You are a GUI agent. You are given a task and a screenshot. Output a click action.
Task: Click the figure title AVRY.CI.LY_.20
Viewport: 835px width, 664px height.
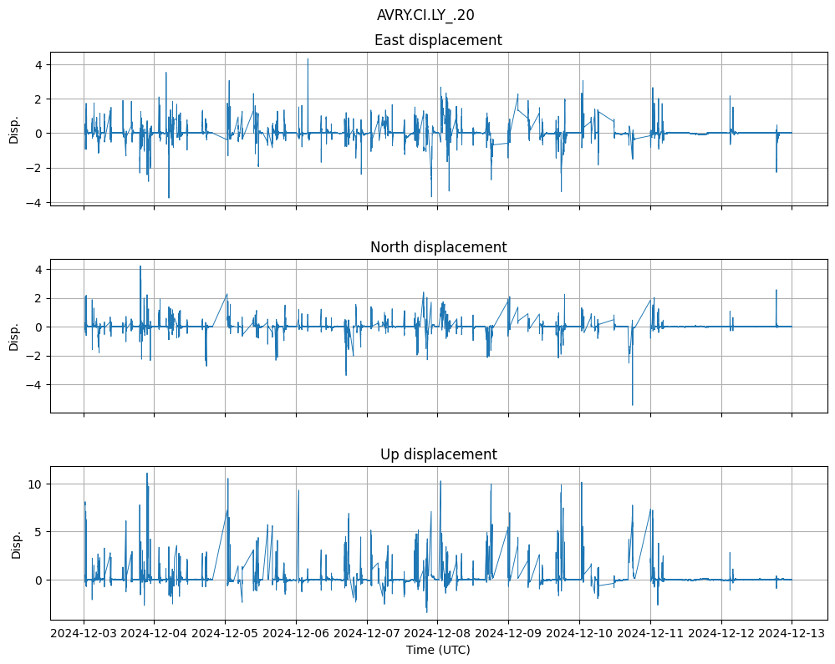click(x=425, y=15)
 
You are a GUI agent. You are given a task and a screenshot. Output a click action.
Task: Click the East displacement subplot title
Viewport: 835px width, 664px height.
click(x=438, y=40)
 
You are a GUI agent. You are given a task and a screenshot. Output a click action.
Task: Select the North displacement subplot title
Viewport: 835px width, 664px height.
click(x=438, y=247)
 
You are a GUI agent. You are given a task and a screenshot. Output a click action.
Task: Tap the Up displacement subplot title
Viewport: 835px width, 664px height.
click(x=438, y=454)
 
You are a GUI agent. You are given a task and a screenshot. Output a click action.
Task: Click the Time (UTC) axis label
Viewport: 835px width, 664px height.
click(x=438, y=650)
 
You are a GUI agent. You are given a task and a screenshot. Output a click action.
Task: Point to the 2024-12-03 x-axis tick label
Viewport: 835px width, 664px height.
click(x=84, y=633)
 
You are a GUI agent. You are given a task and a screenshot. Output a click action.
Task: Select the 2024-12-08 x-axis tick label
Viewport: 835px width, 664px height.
click(x=438, y=633)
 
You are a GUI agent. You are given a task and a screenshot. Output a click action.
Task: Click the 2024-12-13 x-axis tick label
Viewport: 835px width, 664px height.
click(x=792, y=633)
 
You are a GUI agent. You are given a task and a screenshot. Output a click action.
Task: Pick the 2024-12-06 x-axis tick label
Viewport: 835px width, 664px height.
click(x=296, y=633)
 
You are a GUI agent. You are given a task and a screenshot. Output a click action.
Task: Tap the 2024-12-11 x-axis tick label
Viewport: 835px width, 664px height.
click(x=650, y=633)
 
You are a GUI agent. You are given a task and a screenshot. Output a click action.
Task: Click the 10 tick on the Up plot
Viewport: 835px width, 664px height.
click(x=36, y=484)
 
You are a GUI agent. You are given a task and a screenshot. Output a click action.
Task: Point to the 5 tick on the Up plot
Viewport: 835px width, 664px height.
click(x=39, y=532)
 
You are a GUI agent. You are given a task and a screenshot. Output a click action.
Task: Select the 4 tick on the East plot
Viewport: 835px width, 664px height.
click(x=39, y=64)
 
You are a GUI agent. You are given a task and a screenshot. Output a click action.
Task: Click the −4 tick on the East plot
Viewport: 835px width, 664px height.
click(x=36, y=202)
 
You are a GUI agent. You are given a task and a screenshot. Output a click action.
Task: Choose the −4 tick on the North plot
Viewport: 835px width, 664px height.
click(x=36, y=385)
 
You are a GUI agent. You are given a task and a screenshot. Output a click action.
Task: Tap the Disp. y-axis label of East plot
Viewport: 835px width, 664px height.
click(x=14, y=129)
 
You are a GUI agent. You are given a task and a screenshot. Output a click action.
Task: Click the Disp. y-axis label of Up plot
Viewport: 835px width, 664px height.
click(x=17, y=544)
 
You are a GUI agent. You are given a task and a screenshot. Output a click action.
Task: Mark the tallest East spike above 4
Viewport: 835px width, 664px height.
click(x=308, y=59)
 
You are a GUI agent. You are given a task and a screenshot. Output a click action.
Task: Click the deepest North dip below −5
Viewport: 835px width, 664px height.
click(x=632, y=404)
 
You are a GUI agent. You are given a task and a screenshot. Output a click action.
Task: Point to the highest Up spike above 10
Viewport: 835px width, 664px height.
click(x=147, y=474)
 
